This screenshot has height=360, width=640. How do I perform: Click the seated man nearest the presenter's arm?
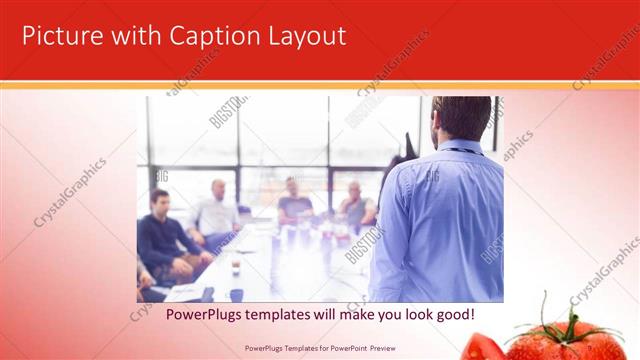[x=355, y=205]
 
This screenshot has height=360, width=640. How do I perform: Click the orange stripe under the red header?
[x=320, y=85]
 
